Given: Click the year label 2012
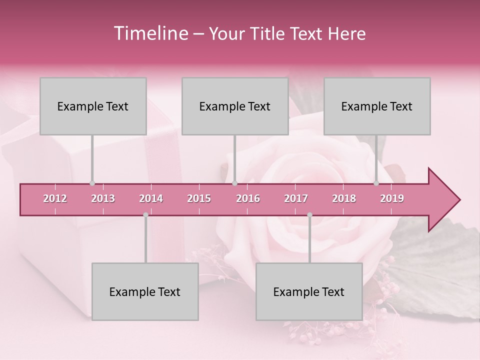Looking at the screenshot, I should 55,198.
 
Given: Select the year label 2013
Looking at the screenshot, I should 103,198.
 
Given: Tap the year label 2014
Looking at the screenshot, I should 151,198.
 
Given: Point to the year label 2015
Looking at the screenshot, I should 199,198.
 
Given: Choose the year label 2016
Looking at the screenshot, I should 248,198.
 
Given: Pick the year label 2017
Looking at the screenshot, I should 296,198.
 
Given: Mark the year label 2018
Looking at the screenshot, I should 344,198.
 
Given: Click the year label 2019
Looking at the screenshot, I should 392,198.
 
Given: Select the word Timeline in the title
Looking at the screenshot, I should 150,33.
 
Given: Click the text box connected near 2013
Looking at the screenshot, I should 93,106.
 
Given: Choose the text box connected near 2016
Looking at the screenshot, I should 235,106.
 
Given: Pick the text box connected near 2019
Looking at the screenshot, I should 377,106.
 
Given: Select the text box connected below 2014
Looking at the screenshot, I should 145,292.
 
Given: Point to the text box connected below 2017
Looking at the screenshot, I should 309,292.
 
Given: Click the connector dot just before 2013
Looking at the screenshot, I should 92,183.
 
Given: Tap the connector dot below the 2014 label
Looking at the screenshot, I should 145,215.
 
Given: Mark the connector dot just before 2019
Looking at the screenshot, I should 376,183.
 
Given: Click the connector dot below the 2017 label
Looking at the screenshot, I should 309,215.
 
